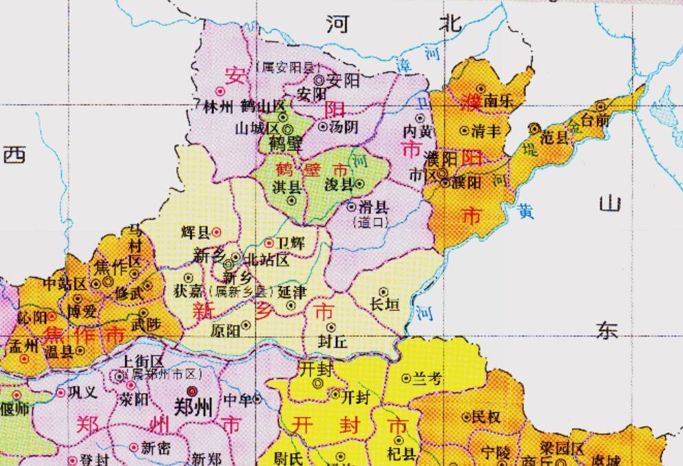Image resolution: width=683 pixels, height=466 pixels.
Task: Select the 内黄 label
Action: (x=419, y=131)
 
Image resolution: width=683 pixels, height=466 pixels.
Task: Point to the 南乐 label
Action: (x=498, y=100)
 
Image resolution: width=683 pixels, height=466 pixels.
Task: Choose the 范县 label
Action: (x=555, y=137)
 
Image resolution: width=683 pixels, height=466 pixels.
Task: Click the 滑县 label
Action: (x=376, y=206)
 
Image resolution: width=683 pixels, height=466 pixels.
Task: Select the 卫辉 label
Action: (x=291, y=243)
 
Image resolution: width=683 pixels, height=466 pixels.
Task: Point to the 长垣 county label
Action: (x=384, y=305)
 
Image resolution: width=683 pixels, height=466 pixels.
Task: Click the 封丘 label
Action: (x=331, y=339)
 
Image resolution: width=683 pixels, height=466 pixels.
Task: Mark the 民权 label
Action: (x=486, y=416)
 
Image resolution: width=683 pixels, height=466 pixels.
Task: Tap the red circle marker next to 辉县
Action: (x=216, y=232)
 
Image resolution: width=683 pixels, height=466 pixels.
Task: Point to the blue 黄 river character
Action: (x=526, y=211)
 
